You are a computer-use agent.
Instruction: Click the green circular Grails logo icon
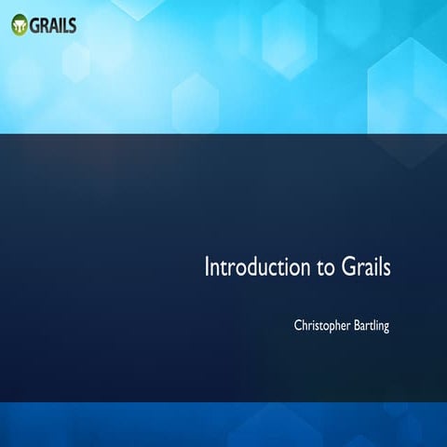coord(20,24)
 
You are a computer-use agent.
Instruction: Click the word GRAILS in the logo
coord(53,24)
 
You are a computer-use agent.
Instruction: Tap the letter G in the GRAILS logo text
coord(35,24)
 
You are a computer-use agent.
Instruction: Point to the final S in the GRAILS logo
coord(72,24)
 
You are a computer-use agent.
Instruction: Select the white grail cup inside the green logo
coord(20,25)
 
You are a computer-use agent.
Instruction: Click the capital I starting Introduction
coord(208,267)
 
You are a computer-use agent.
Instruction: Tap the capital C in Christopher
coord(298,325)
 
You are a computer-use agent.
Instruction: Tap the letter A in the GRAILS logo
coord(54,24)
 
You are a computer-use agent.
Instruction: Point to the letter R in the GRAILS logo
coord(45,24)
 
